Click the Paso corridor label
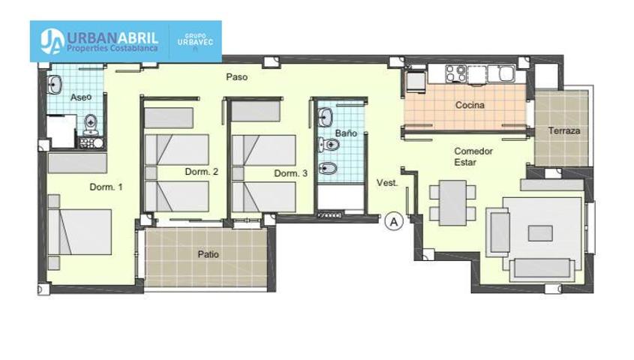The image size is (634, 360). (236, 76)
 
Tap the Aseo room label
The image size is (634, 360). (81, 97)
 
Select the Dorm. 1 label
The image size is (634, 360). (106, 187)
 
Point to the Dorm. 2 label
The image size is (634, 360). (201, 171)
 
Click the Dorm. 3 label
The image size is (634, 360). (290, 173)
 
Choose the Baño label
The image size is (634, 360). (346, 133)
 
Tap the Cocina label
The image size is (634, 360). (470, 105)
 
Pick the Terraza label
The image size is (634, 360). (564, 130)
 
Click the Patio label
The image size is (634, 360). (209, 254)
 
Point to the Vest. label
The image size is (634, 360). (387, 183)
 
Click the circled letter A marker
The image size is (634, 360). (394, 221)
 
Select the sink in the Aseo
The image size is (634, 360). (54, 85)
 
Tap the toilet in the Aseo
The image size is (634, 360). (91, 124)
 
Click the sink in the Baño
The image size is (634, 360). (325, 117)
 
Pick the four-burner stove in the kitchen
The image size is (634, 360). (455, 74)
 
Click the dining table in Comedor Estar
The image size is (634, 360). (453, 202)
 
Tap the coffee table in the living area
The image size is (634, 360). (540, 233)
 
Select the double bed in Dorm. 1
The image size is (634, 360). (80, 232)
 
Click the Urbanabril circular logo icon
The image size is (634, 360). (52, 41)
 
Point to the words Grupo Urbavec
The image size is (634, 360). (195, 40)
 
